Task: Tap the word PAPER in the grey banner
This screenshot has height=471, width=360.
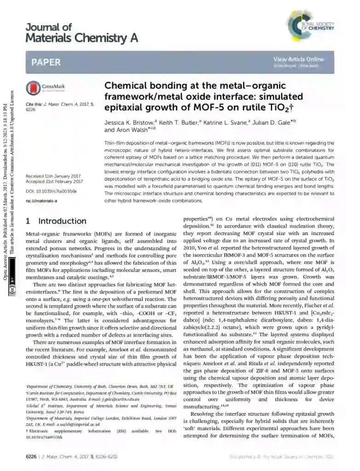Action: (x=46, y=63)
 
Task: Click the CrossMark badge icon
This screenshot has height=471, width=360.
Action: (x=35, y=87)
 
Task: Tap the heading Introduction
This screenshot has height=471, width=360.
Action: (x=62, y=221)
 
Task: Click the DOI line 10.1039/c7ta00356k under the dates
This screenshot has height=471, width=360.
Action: (x=51, y=191)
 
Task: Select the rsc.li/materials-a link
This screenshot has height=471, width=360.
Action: (x=41, y=201)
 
